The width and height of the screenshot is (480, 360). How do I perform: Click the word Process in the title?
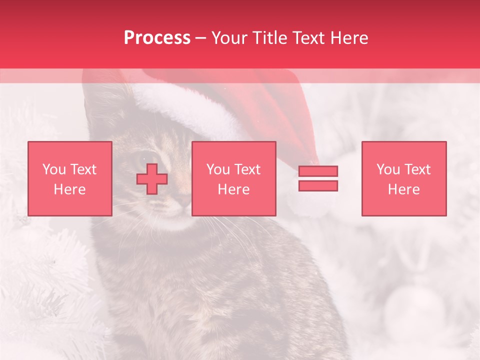click(157, 38)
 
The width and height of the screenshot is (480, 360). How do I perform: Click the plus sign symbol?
click(152, 179)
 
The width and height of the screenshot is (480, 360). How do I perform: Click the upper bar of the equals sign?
click(318, 171)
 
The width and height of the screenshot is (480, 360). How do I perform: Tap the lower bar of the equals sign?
click(318, 186)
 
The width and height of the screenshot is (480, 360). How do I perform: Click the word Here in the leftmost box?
click(69, 189)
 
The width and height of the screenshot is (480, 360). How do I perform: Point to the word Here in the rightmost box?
click(403, 189)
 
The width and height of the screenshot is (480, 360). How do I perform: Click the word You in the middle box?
click(218, 169)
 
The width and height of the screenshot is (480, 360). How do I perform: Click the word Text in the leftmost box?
click(83, 169)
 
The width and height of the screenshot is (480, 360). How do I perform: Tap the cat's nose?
click(182, 200)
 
